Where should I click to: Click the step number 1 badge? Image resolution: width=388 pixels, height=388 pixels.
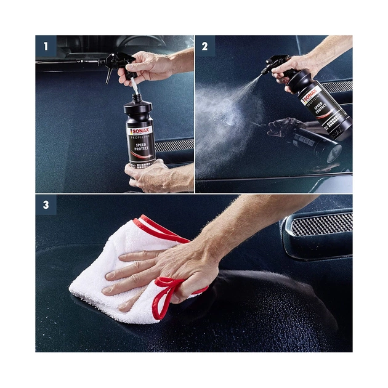click(x=46, y=46)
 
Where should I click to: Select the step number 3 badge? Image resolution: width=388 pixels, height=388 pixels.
click(x=46, y=205)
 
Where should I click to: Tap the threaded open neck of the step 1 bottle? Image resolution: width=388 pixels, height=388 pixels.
click(x=135, y=98)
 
